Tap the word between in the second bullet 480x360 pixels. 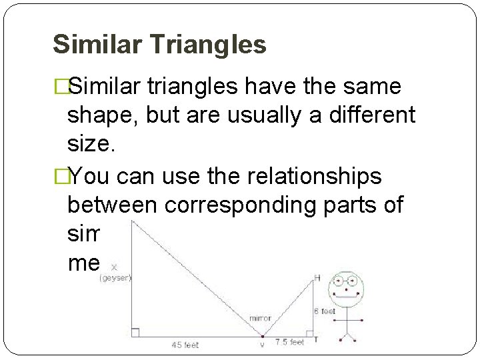(x=115, y=205)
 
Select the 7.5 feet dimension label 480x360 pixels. (x=289, y=342)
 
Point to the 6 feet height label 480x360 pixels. (x=325, y=311)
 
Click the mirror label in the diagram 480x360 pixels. (x=260, y=319)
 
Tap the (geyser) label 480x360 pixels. (x=115, y=277)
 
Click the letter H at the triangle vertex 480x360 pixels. (x=317, y=277)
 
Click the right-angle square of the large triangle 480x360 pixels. (x=135, y=332)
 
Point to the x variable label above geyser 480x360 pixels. (x=114, y=267)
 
